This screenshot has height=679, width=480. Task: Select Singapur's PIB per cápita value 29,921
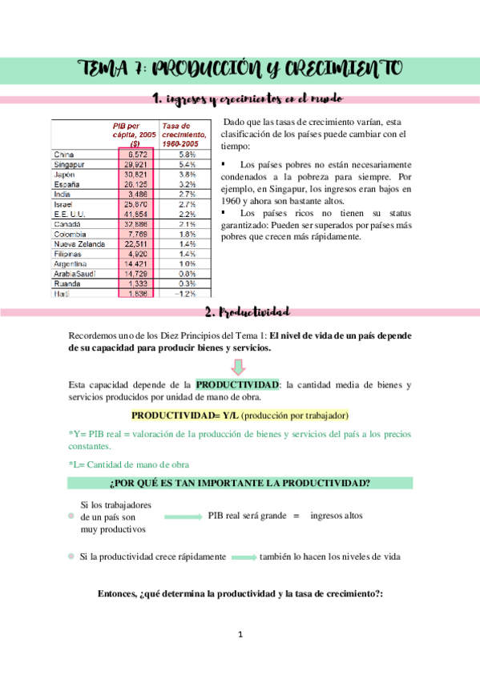click(x=134, y=164)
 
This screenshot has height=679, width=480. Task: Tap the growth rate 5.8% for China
click(x=188, y=154)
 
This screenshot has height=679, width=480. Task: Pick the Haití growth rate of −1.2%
click(x=188, y=293)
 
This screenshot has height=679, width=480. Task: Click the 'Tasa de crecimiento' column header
click(x=185, y=134)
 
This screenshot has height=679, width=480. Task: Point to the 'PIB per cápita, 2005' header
click(x=135, y=134)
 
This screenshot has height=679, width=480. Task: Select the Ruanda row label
click(x=67, y=283)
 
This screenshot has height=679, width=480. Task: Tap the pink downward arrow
click(x=240, y=365)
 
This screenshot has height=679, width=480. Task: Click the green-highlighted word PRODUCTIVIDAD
click(x=236, y=384)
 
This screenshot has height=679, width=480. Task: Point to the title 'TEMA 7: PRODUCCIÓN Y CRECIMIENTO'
click(x=240, y=69)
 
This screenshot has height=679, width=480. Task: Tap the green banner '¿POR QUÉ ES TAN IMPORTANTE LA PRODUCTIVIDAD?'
click(x=240, y=484)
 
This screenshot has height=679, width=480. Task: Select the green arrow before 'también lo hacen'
click(x=243, y=557)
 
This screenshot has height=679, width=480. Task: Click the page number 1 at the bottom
click(x=240, y=635)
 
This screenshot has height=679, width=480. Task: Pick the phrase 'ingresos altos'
click(x=336, y=516)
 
